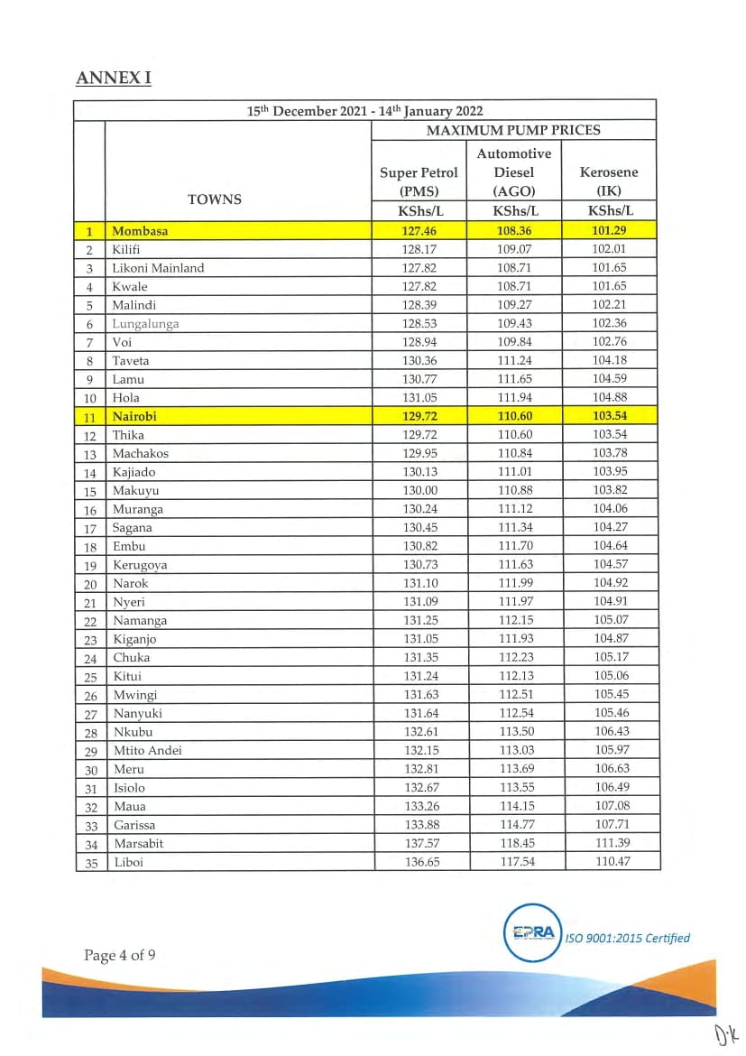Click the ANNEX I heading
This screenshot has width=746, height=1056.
pos(114,78)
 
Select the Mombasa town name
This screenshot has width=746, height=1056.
pos(140,231)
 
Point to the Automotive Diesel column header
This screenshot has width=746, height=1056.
pos(513,171)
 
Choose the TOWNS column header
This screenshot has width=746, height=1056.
pos(215,199)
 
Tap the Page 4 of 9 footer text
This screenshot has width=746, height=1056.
pos(120,955)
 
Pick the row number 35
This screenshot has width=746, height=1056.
pos(90,863)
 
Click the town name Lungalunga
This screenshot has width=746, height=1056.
pos(145,323)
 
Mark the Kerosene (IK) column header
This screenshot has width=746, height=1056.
pos(609,181)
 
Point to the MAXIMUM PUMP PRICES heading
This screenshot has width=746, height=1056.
pos(513,130)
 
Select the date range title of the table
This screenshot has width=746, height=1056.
pos(365,111)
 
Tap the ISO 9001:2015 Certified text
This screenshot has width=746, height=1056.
pos(628,938)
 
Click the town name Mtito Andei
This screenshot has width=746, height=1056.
pos(147,751)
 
